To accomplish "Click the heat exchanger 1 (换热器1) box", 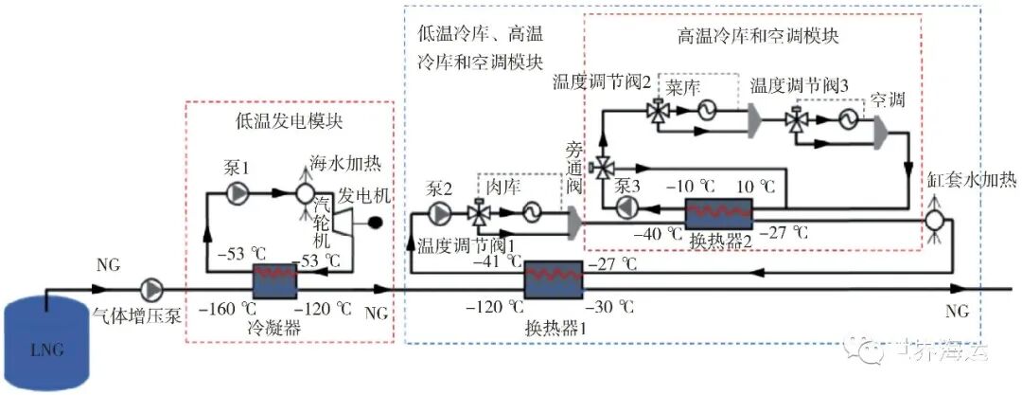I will coord(555,277).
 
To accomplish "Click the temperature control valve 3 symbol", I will coord(797,120).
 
